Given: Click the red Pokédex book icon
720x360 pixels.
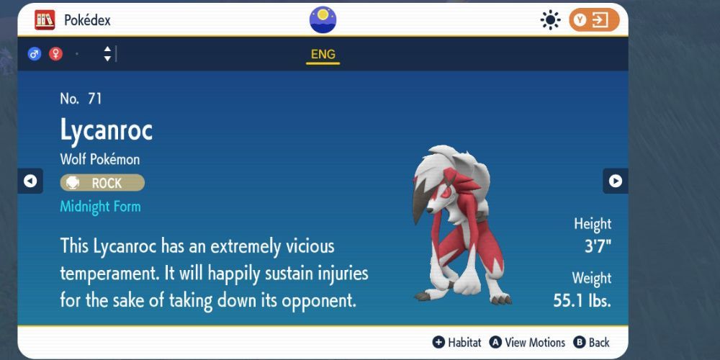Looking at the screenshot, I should coord(45,20).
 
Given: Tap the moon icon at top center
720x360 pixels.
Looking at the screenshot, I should coord(323,19).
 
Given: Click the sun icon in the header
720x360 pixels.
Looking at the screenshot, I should coord(551,20).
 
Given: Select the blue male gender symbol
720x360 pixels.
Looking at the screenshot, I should coord(34,54).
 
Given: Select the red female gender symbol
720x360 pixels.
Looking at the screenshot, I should coord(55,54).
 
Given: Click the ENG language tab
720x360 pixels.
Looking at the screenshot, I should coord(323,55).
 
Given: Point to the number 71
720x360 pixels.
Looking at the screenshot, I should coord(95,99).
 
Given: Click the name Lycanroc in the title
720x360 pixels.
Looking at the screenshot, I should coord(107,130).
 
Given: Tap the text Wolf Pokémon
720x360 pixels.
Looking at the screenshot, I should coord(100,159).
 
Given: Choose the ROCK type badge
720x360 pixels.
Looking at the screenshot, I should coord(102,183).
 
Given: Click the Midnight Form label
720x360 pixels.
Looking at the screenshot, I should coord(100,207).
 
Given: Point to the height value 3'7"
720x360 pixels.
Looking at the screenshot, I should coord(597,246).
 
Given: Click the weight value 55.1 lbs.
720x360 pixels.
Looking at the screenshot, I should coord(582,300).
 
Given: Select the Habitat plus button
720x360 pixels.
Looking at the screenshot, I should coord(438,343).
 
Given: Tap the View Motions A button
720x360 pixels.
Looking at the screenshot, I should coord(495,343).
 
